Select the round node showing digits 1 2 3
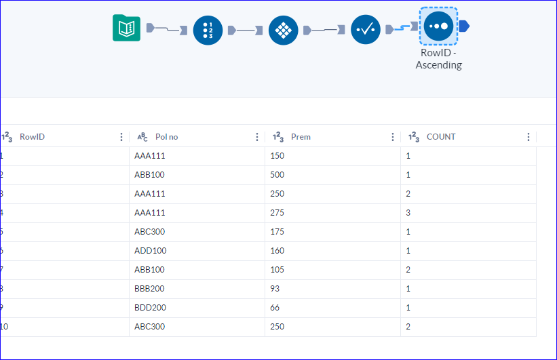click(x=208, y=31)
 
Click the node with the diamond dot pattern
click(x=283, y=31)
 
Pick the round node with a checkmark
click(x=365, y=31)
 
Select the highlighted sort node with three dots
click(x=439, y=26)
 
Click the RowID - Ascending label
click(x=438, y=59)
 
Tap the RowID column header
click(x=32, y=137)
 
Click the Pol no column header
click(x=166, y=137)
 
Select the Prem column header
click(x=301, y=137)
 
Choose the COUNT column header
click(x=440, y=137)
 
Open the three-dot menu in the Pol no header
click(x=257, y=137)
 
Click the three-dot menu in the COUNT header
click(x=529, y=137)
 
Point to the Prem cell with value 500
click(x=278, y=175)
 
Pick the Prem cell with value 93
click(x=275, y=289)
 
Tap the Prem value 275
click(x=278, y=213)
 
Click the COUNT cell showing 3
click(x=409, y=213)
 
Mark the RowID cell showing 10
click(x=5, y=327)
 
